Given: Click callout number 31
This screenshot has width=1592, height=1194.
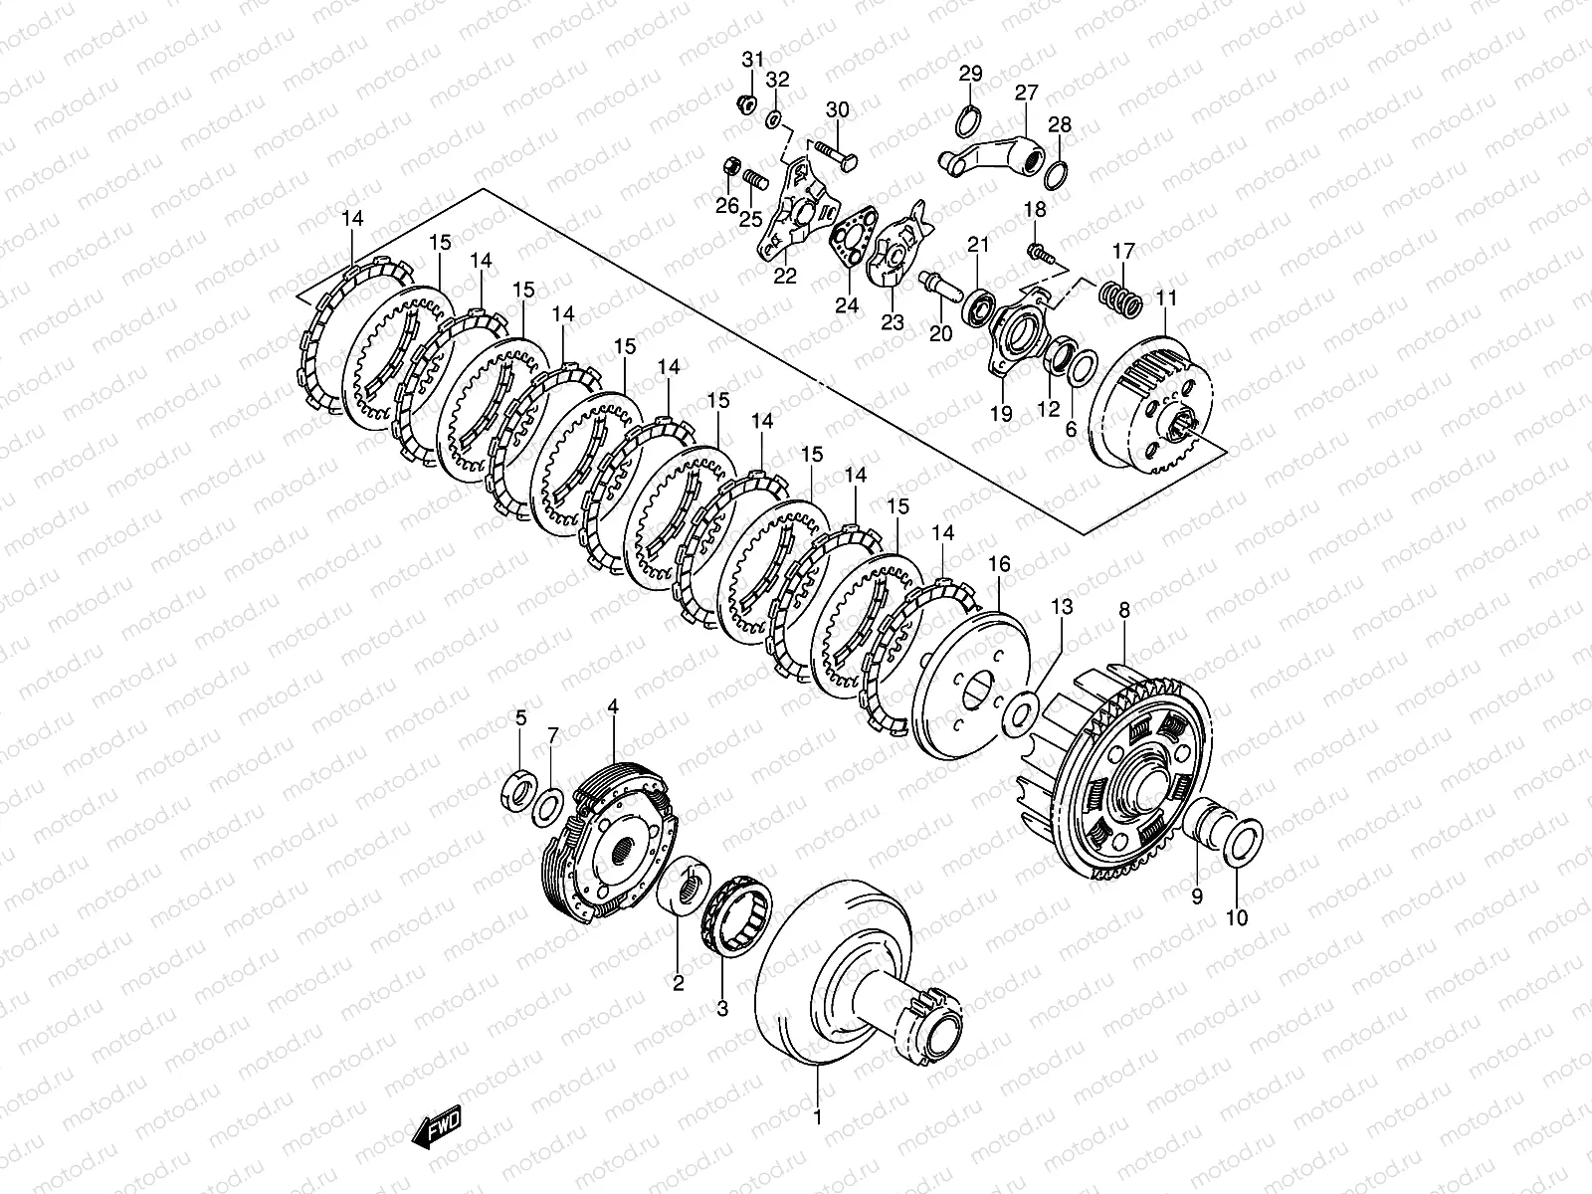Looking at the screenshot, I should coord(753,61).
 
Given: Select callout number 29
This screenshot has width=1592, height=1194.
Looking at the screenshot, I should coord(970,73).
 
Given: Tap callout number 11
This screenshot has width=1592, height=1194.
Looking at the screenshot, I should coord(1166,298).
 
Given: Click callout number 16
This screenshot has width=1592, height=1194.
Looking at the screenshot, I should coord(999,564).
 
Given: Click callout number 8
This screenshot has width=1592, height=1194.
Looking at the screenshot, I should coord(1124,610).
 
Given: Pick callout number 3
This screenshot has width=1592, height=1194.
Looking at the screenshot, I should coord(722,1008).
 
